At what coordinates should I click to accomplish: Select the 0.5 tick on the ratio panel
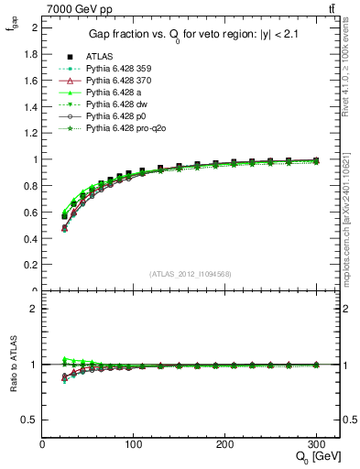tap(30, 420)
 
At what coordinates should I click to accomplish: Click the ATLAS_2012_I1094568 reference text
tap(191, 273)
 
